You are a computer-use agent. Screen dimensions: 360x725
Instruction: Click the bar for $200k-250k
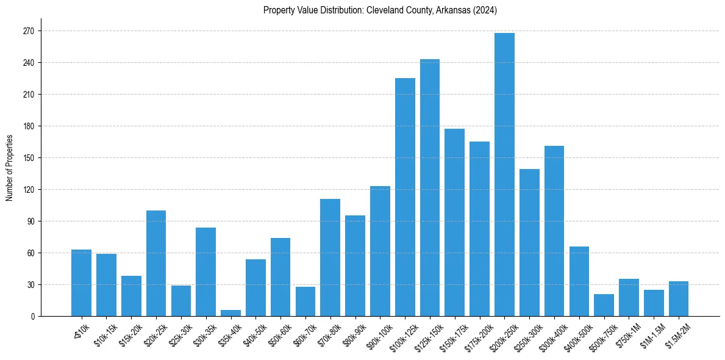(x=504, y=175)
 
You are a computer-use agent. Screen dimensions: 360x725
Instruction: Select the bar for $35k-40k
(x=230, y=313)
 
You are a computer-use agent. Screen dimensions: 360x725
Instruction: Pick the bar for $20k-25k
(x=156, y=263)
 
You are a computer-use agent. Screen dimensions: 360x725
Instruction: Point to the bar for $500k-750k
(x=604, y=305)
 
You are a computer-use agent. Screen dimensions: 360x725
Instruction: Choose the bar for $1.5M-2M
(x=679, y=299)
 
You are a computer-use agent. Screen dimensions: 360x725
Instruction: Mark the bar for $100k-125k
(x=405, y=197)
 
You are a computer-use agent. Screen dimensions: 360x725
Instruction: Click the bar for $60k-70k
(x=305, y=301)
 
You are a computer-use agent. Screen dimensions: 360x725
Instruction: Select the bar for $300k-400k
(x=554, y=231)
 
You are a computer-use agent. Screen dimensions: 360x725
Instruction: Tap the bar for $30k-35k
(x=205, y=272)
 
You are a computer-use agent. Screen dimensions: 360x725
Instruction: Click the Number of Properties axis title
(x=9, y=168)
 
